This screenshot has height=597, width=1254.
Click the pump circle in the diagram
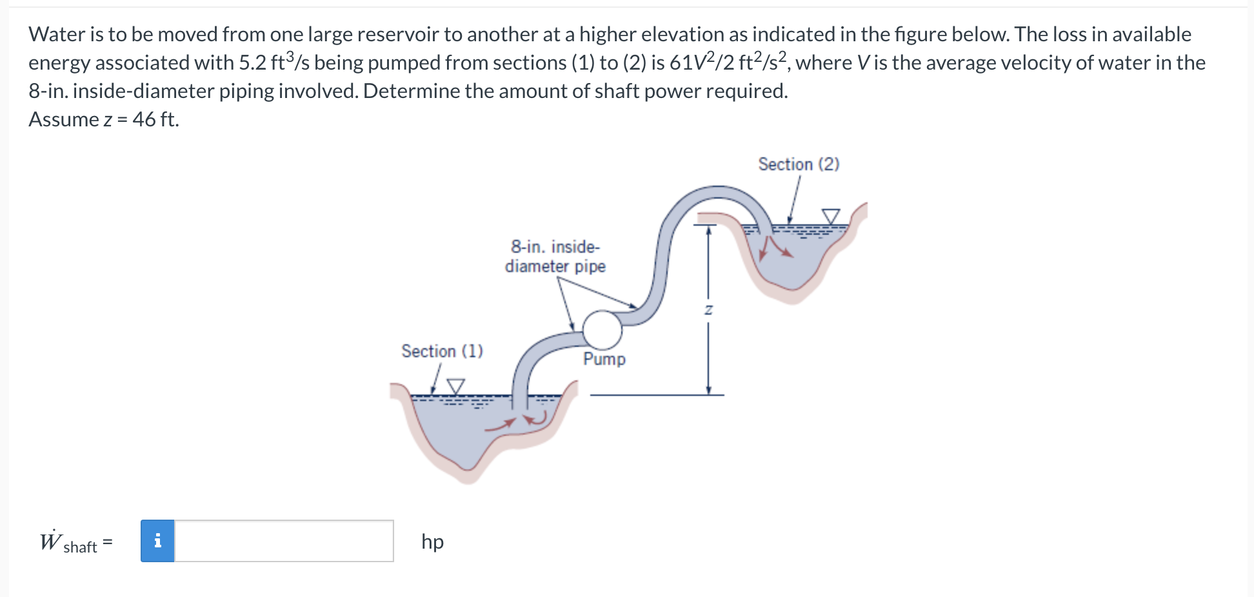point(602,329)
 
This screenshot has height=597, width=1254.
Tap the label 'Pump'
point(604,359)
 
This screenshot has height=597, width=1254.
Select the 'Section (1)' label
point(442,351)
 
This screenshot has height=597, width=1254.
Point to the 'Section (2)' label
point(799,164)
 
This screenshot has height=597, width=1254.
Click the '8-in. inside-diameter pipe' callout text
point(555,257)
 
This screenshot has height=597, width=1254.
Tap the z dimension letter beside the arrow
point(708,310)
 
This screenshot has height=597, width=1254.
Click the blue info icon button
point(158,541)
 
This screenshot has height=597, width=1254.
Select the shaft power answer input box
point(284,541)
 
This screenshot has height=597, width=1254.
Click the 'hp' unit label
point(432,542)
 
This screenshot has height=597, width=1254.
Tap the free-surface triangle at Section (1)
point(456,386)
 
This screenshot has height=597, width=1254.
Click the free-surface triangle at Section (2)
point(831,216)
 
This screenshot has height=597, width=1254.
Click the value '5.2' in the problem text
point(252,63)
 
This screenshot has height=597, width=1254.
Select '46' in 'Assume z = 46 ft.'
point(144,119)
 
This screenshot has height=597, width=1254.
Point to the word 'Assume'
point(63,119)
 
